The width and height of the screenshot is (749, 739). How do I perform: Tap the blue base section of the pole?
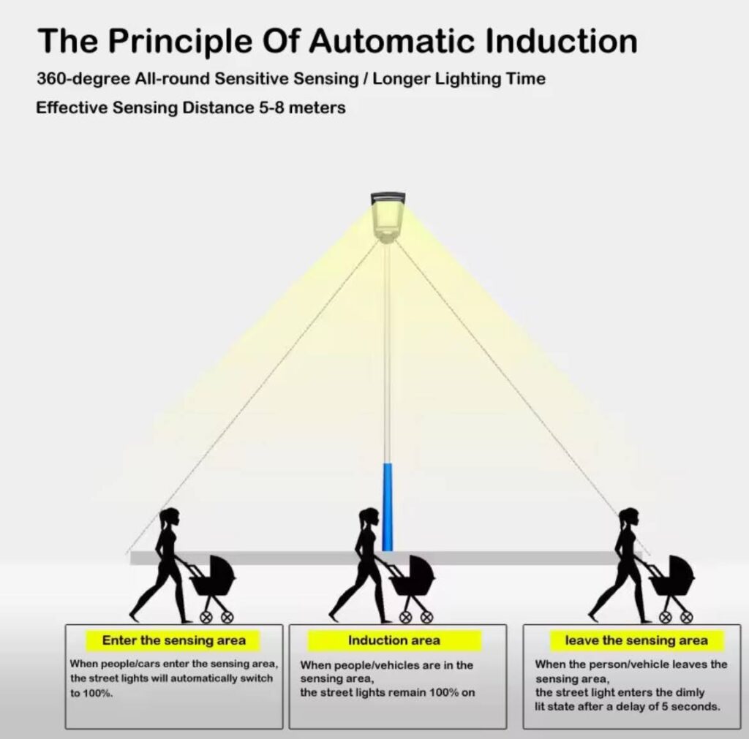[388, 506]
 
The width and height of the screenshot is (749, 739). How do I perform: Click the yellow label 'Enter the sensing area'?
[174, 641]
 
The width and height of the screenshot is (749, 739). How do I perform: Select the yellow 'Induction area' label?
[394, 641]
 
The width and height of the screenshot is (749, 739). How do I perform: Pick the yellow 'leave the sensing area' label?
[636, 641]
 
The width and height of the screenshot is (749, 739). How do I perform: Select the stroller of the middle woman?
[411, 581]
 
